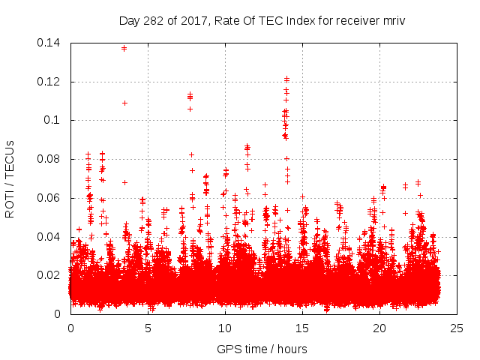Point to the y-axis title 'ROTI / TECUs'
point(10,178)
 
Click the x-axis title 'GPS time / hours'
point(262,349)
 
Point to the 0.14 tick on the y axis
point(51,43)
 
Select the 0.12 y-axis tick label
point(51,81)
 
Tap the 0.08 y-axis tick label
point(51,159)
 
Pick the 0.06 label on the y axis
point(51,198)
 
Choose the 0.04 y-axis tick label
point(51,237)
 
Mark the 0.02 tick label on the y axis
point(51,275)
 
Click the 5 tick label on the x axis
point(148,328)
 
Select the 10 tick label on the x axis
point(225,328)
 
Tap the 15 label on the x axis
point(302,328)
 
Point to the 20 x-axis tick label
point(379,328)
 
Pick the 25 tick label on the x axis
point(457,328)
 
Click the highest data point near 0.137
point(124,48)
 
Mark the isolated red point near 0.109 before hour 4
point(124,103)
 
